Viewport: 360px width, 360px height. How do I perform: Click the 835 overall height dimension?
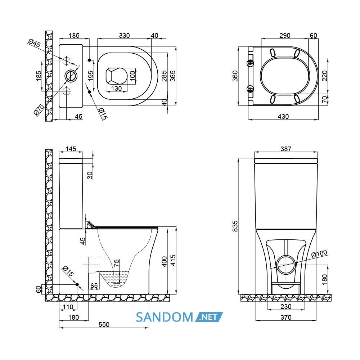235,226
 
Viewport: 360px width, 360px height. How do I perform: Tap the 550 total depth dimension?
104,324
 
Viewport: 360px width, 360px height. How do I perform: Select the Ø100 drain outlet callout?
319,254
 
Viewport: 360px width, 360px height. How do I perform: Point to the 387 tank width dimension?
286,149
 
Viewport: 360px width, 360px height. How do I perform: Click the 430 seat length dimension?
283,117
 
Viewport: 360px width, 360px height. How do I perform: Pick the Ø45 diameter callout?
34,43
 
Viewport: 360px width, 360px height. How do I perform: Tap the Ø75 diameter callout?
39,109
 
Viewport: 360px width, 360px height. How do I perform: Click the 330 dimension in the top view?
124,36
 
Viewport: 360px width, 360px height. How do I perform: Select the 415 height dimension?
173,260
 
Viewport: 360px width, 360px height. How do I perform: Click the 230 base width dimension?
286,306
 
